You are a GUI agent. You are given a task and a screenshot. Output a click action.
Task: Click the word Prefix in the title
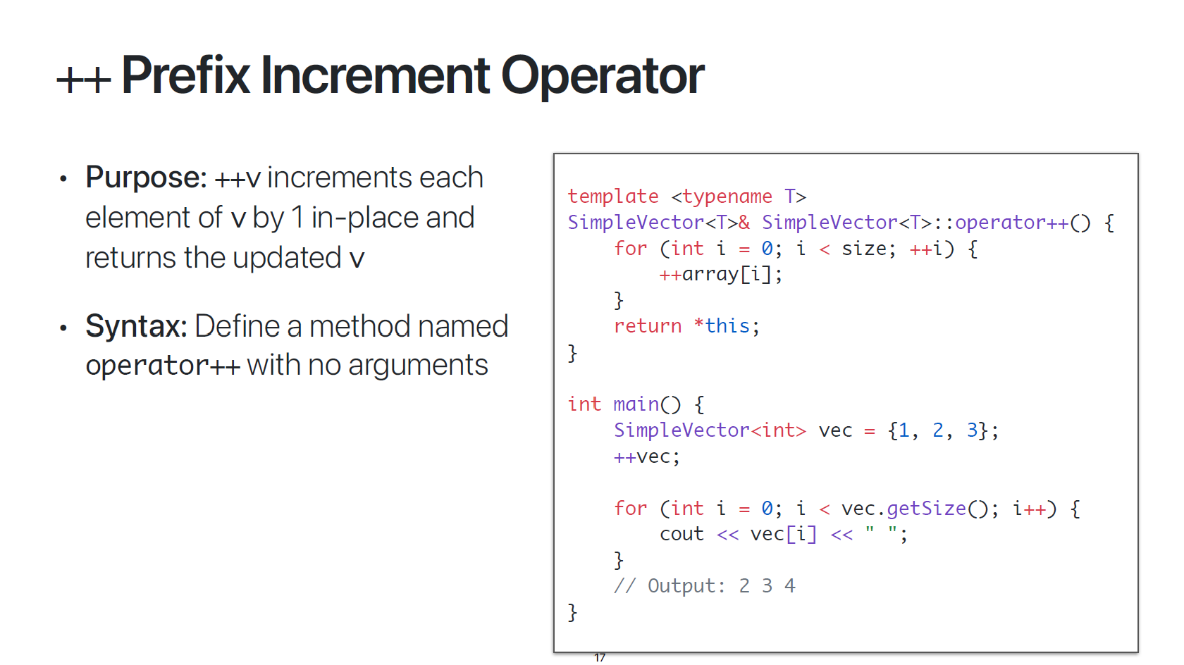(x=185, y=75)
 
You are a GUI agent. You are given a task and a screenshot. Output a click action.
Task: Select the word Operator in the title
(x=603, y=75)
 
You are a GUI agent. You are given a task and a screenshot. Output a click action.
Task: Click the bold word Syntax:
(x=136, y=326)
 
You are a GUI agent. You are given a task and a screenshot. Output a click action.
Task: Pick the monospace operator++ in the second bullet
(x=163, y=366)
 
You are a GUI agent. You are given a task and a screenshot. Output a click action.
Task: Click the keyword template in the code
(x=613, y=197)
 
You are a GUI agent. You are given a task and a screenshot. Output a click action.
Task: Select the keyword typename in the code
(x=727, y=197)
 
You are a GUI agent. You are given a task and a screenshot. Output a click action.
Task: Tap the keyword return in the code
(x=648, y=326)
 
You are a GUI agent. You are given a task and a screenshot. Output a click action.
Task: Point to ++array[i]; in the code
(x=720, y=274)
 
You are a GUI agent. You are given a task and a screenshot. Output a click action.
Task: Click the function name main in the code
(x=636, y=404)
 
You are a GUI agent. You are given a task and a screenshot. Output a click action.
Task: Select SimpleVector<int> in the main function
(x=710, y=430)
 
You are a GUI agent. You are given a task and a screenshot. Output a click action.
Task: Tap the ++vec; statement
(x=646, y=456)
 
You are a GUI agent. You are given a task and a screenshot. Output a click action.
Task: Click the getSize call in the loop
(x=926, y=509)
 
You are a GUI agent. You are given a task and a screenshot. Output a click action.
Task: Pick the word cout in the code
(x=682, y=535)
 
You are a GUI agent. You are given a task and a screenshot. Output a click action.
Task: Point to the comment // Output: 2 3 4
(x=704, y=586)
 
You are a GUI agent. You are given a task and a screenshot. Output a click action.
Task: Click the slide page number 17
(x=600, y=658)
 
